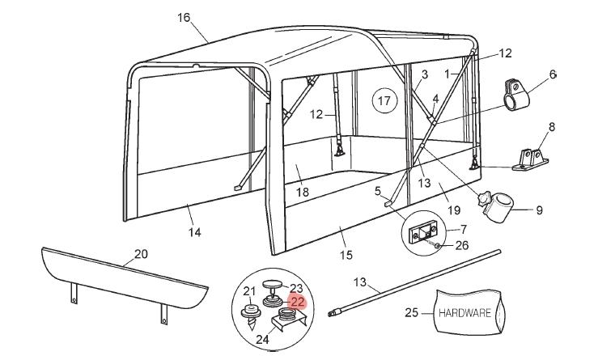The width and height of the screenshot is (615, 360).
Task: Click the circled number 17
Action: (384, 101)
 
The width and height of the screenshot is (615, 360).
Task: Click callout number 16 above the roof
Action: (184, 17)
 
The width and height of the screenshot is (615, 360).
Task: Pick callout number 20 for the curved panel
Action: (141, 254)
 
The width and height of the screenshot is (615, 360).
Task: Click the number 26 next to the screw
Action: (462, 245)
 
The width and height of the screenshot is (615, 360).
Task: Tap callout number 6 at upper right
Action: (553, 74)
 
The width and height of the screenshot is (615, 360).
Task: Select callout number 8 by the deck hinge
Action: (552, 127)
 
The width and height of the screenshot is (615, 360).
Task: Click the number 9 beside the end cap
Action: (539, 210)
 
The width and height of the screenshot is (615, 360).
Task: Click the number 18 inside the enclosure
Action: (303, 192)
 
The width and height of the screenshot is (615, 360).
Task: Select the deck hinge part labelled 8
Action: (529, 159)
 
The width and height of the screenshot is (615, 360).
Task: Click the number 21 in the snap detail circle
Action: (249, 290)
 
